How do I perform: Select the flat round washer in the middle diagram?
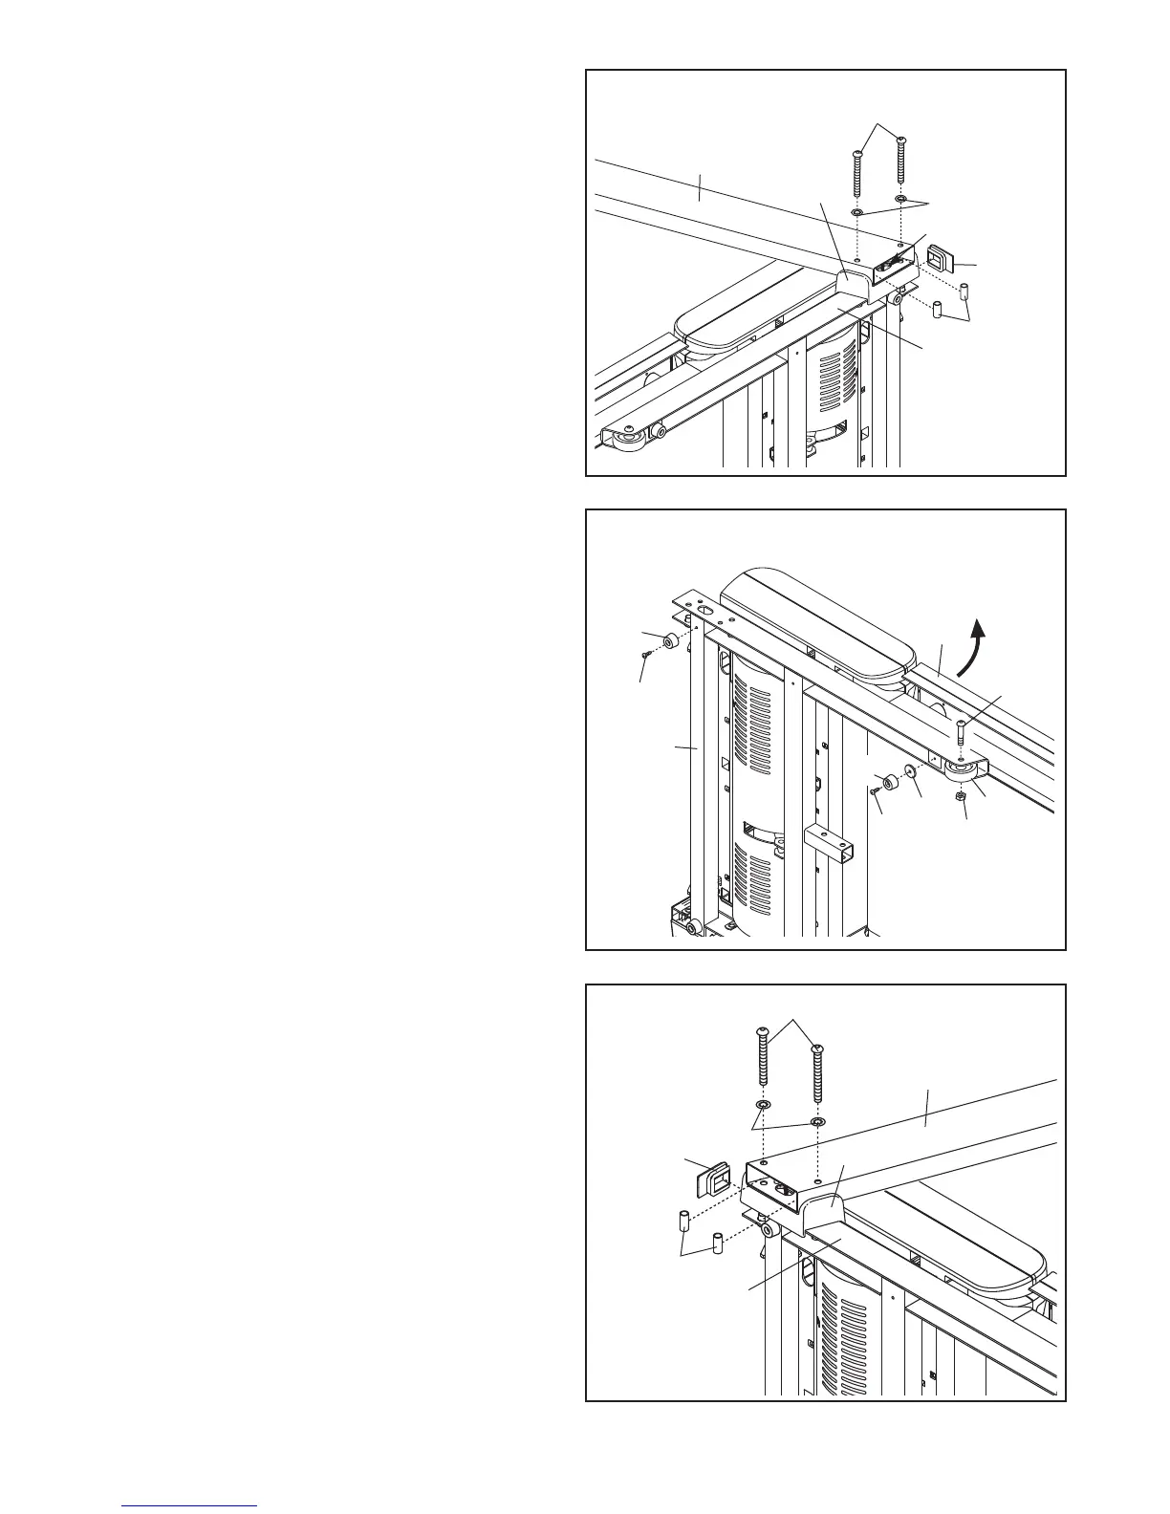909,772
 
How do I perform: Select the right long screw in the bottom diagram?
816,1074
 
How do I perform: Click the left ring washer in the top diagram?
857,211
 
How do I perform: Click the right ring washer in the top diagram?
901,200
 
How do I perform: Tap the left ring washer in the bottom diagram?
763,1105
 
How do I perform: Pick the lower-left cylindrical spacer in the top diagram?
938,310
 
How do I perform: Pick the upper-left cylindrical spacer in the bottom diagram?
684,1222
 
